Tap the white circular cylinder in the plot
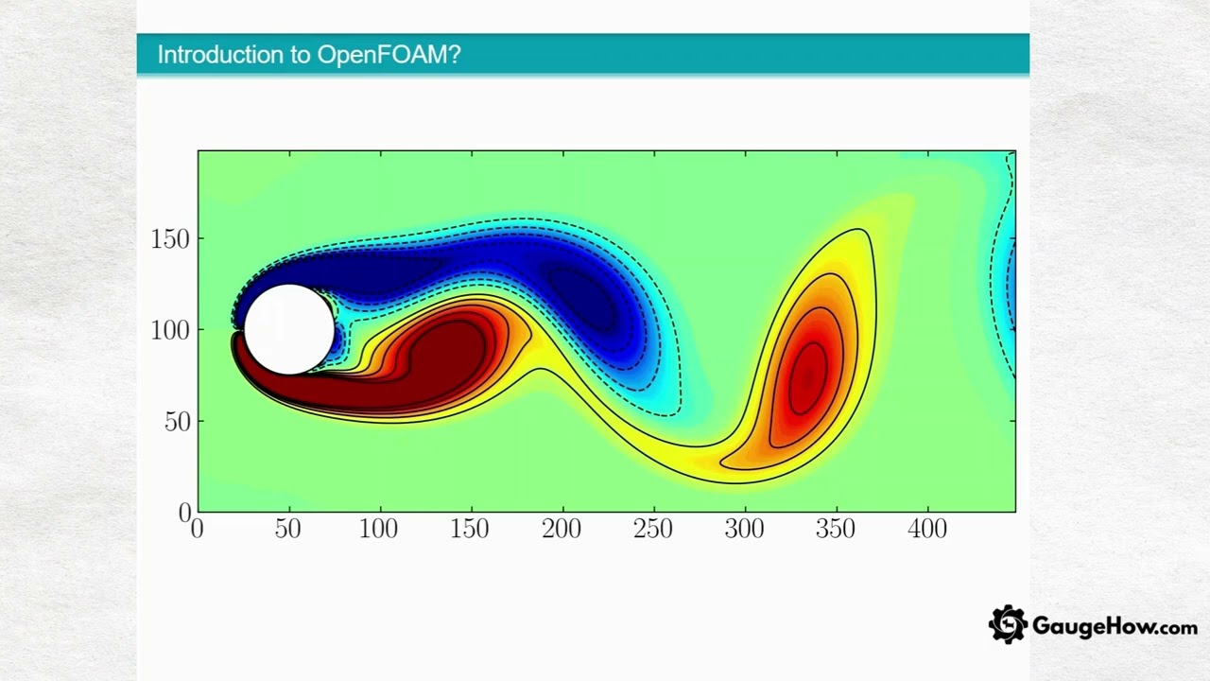click(288, 329)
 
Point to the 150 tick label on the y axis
click(170, 239)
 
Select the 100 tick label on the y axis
click(170, 330)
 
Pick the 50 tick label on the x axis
click(287, 530)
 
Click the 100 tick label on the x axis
click(378, 530)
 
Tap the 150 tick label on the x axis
click(470, 530)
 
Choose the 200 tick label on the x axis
click(562, 530)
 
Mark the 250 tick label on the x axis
click(652, 530)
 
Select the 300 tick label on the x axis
click(744, 530)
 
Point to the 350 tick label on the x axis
click(836, 530)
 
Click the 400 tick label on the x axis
click(926, 530)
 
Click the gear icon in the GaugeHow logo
click(1008, 625)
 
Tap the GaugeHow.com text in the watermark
click(1115, 626)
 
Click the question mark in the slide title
click(455, 55)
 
